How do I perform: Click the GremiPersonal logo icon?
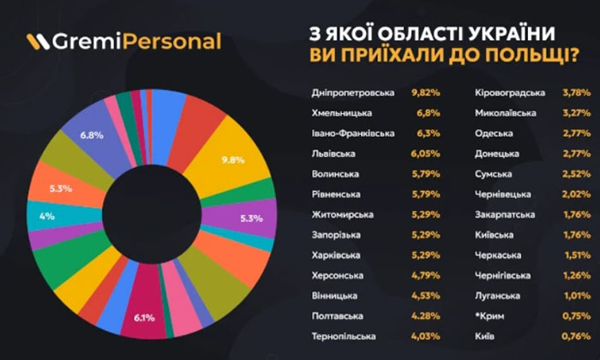point(37,41)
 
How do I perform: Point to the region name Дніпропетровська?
point(349,93)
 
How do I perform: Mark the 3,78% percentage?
point(576,93)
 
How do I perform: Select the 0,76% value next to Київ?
point(576,337)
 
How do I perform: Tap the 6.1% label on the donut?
point(142,319)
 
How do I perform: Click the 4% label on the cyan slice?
point(46,216)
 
